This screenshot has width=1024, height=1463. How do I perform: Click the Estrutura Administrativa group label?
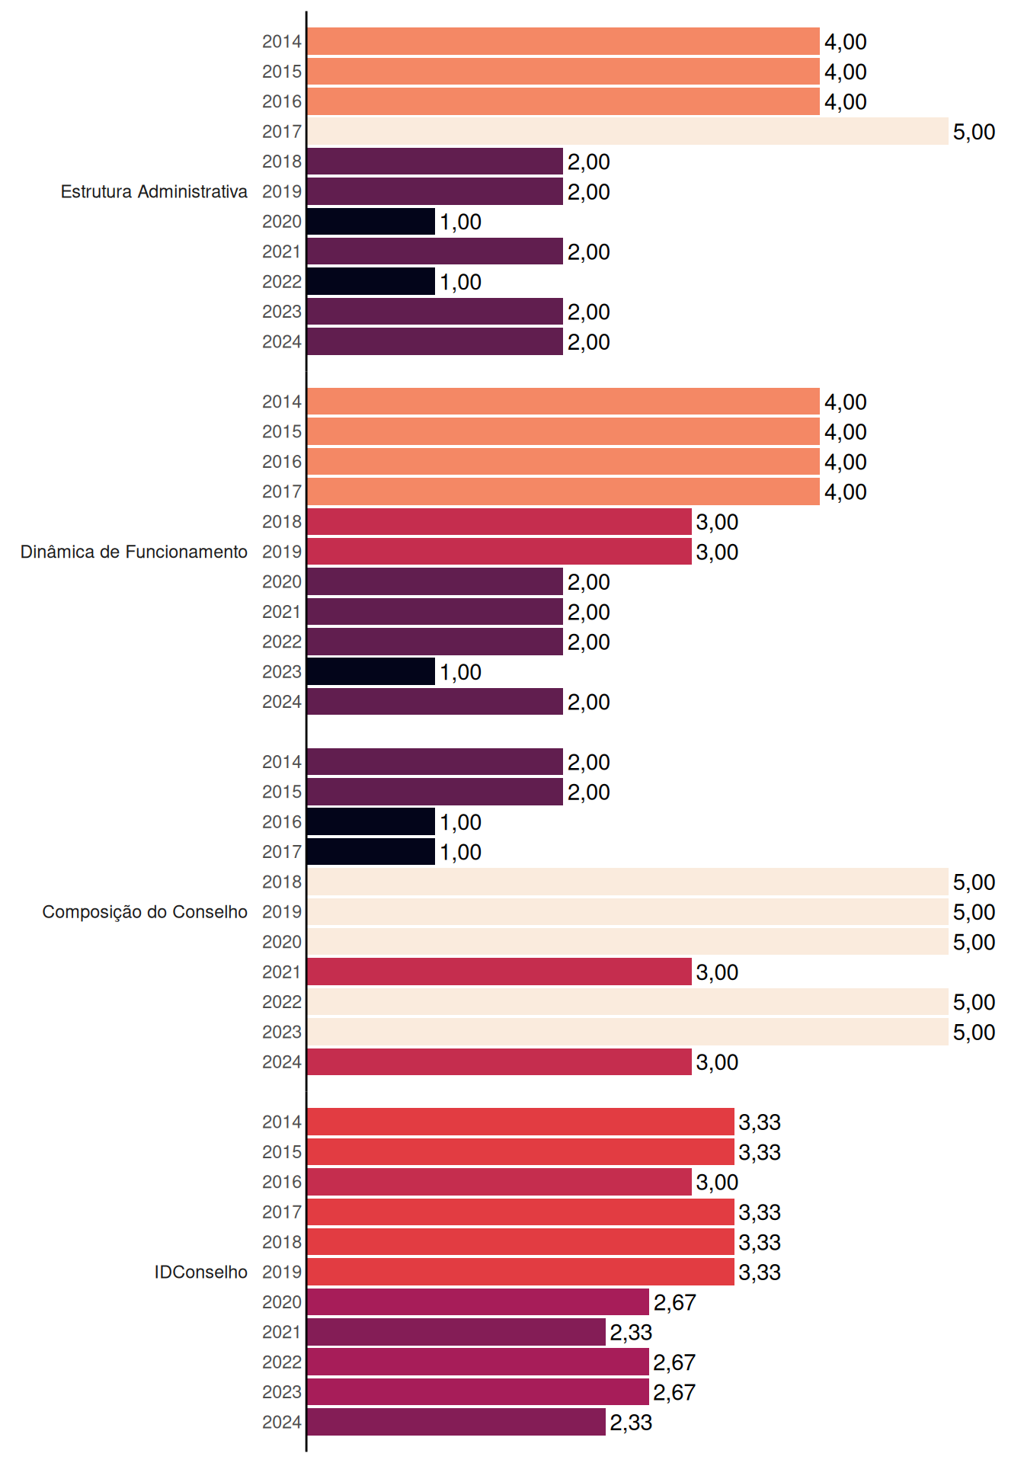(x=154, y=191)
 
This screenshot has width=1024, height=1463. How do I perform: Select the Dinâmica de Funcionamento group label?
(x=134, y=552)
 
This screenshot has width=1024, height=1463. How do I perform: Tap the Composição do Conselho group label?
(x=145, y=912)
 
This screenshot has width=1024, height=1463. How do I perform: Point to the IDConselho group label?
(x=201, y=1272)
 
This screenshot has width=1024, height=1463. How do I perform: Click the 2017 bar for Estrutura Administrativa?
(x=628, y=131)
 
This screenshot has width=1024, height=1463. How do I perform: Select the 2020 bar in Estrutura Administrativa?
(x=371, y=221)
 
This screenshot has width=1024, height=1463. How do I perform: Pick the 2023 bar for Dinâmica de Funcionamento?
(x=371, y=671)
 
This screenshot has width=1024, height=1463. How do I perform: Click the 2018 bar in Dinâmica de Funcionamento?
(x=499, y=521)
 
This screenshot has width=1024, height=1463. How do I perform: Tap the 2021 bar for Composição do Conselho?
(x=499, y=972)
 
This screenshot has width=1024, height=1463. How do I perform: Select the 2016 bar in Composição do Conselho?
(x=371, y=821)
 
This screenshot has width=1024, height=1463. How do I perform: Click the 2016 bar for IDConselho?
(x=499, y=1182)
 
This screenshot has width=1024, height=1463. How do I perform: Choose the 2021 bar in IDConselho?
(x=456, y=1332)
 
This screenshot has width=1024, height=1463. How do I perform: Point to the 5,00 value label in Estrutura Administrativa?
(x=974, y=132)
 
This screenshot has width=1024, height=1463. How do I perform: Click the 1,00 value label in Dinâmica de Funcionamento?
(x=460, y=672)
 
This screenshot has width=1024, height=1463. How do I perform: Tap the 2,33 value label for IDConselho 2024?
(x=631, y=1423)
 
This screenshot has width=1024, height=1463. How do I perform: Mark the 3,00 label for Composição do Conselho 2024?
(x=717, y=1062)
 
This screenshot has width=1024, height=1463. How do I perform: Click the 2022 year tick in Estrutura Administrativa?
(x=282, y=282)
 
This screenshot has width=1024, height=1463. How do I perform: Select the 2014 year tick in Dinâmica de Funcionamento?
(x=282, y=402)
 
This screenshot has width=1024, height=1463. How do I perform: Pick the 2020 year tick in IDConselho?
(x=282, y=1302)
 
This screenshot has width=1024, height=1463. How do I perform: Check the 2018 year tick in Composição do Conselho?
(x=282, y=882)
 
